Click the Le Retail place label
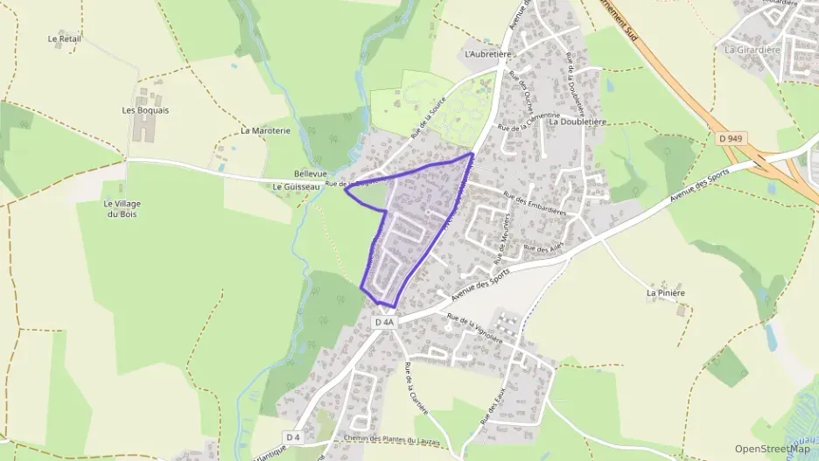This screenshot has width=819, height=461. pyautogui.click(x=65, y=39)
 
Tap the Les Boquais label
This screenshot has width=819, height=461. pyautogui.click(x=145, y=110)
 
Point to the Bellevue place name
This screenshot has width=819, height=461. pyautogui.click(x=310, y=174)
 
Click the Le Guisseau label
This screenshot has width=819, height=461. pyautogui.click(x=295, y=186)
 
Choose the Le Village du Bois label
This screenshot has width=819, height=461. pyautogui.click(x=122, y=209)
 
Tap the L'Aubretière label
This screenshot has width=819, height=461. pyautogui.click(x=487, y=53)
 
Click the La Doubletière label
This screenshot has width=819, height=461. pyautogui.click(x=577, y=122)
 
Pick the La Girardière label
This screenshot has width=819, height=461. pyautogui.click(x=752, y=50)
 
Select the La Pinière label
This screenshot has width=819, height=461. pyautogui.click(x=665, y=292)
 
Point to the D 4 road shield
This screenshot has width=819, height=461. pyautogui.click(x=293, y=437)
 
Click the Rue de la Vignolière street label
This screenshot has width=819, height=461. pyautogui.click(x=474, y=328)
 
